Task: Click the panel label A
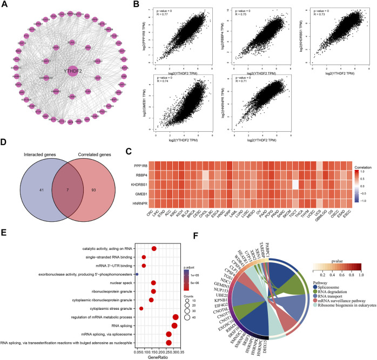pyautogui.click(x=4, y=5)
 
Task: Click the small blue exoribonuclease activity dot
pyautogui.click(x=137, y=275)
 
